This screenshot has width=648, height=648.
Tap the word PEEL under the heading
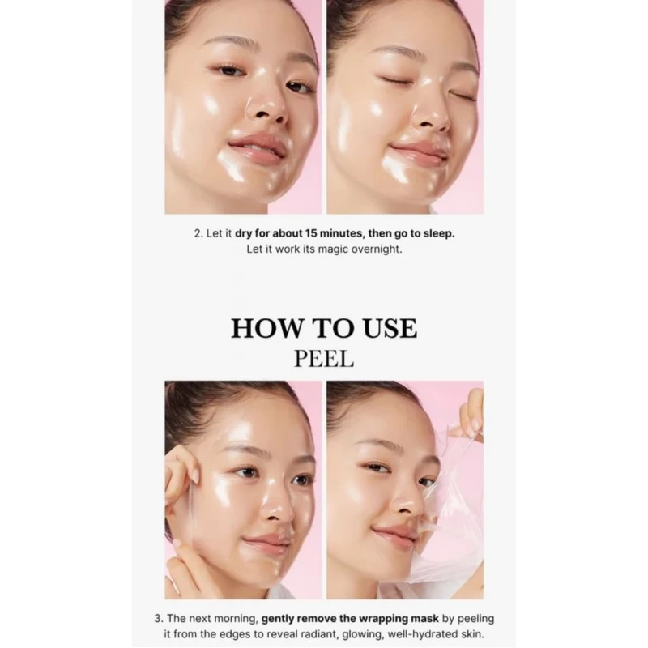(324, 359)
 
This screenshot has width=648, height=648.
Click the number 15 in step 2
(311, 233)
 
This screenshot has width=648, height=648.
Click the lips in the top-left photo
(257, 149)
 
